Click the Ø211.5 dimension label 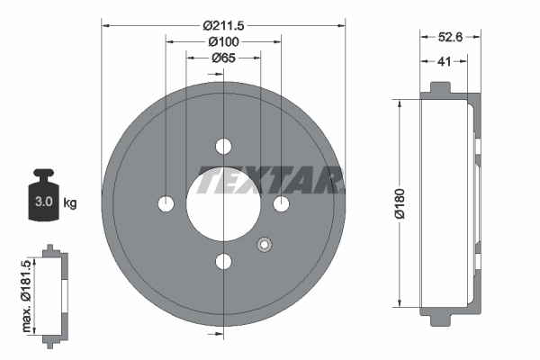(223, 25)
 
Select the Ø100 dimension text (223, 41)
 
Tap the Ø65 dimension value (223, 58)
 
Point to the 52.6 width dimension (451, 39)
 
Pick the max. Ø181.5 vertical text (29, 292)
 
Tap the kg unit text (70, 202)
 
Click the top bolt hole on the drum (223, 146)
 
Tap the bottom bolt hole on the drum (223, 262)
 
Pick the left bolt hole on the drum (166, 204)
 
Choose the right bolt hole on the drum (281, 204)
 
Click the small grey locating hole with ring (264, 244)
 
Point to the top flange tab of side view (440, 88)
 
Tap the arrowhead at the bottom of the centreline (223, 333)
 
